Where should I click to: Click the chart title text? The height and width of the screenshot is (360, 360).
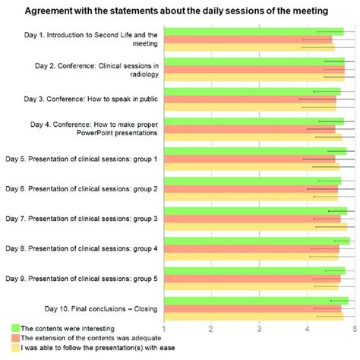[180, 11]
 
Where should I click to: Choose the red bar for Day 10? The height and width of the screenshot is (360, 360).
[251, 308]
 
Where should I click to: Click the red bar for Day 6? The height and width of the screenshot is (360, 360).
[251, 188]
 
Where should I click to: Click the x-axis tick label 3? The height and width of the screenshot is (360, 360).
[259, 327]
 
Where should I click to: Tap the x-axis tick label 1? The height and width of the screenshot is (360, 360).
[163, 327]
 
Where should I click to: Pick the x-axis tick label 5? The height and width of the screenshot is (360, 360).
[354, 327]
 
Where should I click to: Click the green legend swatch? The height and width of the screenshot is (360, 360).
[14, 327]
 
